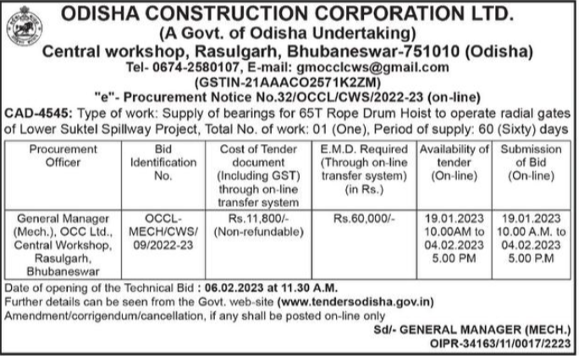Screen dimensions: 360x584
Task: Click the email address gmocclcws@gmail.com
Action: (x=392, y=67)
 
